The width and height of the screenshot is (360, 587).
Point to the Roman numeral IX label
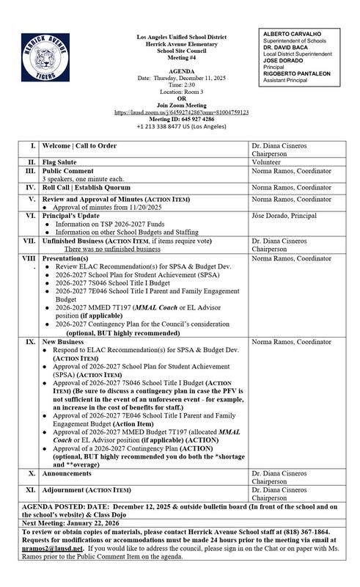click(x=30, y=342)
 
